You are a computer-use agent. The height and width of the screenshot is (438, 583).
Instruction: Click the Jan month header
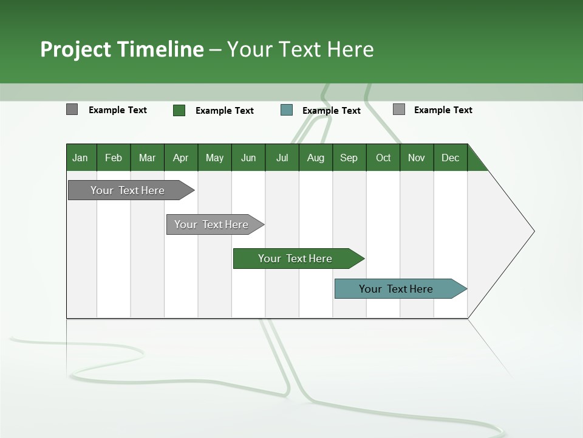tap(80, 158)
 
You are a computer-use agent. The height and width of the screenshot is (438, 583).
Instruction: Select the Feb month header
tap(114, 158)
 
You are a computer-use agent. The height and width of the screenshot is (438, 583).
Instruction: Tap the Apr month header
tap(181, 158)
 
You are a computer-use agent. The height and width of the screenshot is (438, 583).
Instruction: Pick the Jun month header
tap(248, 158)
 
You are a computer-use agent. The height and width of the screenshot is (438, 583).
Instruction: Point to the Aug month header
tap(316, 158)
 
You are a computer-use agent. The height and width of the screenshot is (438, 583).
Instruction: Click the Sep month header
tap(349, 158)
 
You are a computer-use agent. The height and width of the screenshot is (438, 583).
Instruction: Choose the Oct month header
tap(383, 158)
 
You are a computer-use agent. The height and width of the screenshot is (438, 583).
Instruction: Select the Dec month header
tap(451, 158)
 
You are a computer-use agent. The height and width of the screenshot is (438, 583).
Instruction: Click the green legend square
tap(179, 110)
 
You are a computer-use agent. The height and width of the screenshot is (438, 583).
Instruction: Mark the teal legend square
tap(287, 110)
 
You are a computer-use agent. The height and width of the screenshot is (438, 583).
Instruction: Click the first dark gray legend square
tap(72, 109)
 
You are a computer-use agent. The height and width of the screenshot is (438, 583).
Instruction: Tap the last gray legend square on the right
tap(399, 109)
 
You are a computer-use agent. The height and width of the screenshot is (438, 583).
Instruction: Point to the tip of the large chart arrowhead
tap(533, 231)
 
